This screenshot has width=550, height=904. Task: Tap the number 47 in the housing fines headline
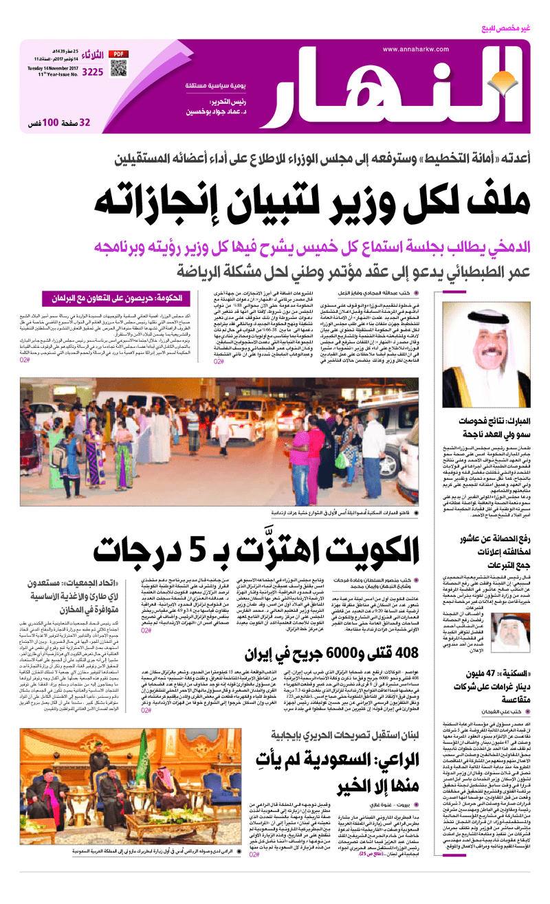(485, 668)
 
